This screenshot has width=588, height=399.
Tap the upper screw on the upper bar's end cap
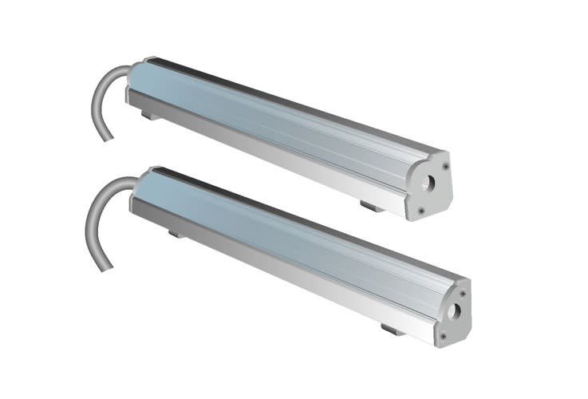pos(444,166)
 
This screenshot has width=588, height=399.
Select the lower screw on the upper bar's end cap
pos(420,211)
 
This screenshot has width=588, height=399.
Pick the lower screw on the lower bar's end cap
pos(443,336)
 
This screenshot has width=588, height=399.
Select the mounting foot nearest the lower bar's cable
pos(174,234)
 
